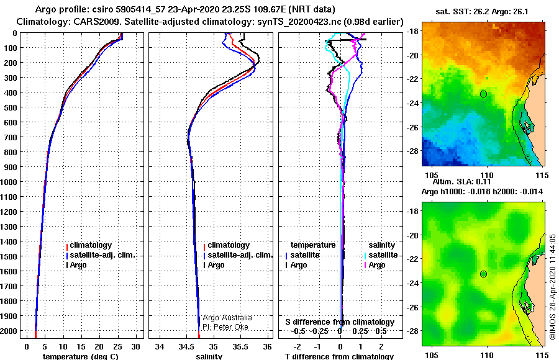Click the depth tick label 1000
8,182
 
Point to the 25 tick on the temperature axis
117,346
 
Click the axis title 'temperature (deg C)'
80,356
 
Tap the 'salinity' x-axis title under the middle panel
209,356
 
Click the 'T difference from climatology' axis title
339,356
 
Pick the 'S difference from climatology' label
340,322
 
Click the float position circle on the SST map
483,94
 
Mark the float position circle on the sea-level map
483,274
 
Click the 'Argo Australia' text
227,317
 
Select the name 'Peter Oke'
231,326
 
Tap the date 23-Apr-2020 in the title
191,9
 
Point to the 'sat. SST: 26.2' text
462,11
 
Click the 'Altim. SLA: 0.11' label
461,181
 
